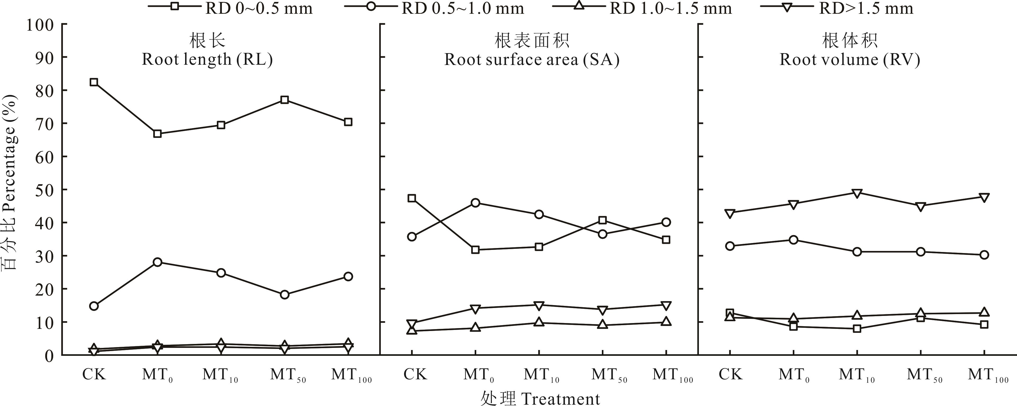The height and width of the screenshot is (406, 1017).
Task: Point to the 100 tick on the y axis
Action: [39, 25]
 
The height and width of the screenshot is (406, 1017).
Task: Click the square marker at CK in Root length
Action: [94, 82]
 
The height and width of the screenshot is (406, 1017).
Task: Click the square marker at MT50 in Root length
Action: [285, 100]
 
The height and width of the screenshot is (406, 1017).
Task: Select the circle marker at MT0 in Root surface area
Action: [475, 203]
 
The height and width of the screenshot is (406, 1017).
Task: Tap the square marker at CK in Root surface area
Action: [412, 198]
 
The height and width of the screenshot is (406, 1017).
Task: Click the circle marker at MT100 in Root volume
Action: [984, 255]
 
